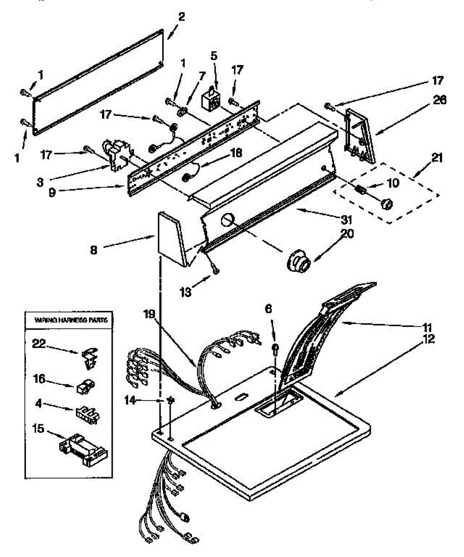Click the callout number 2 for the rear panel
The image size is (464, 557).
click(x=181, y=17)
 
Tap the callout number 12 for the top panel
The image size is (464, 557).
click(x=429, y=339)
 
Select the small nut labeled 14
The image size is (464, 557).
click(x=170, y=400)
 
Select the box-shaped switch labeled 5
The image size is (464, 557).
click(x=210, y=99)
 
